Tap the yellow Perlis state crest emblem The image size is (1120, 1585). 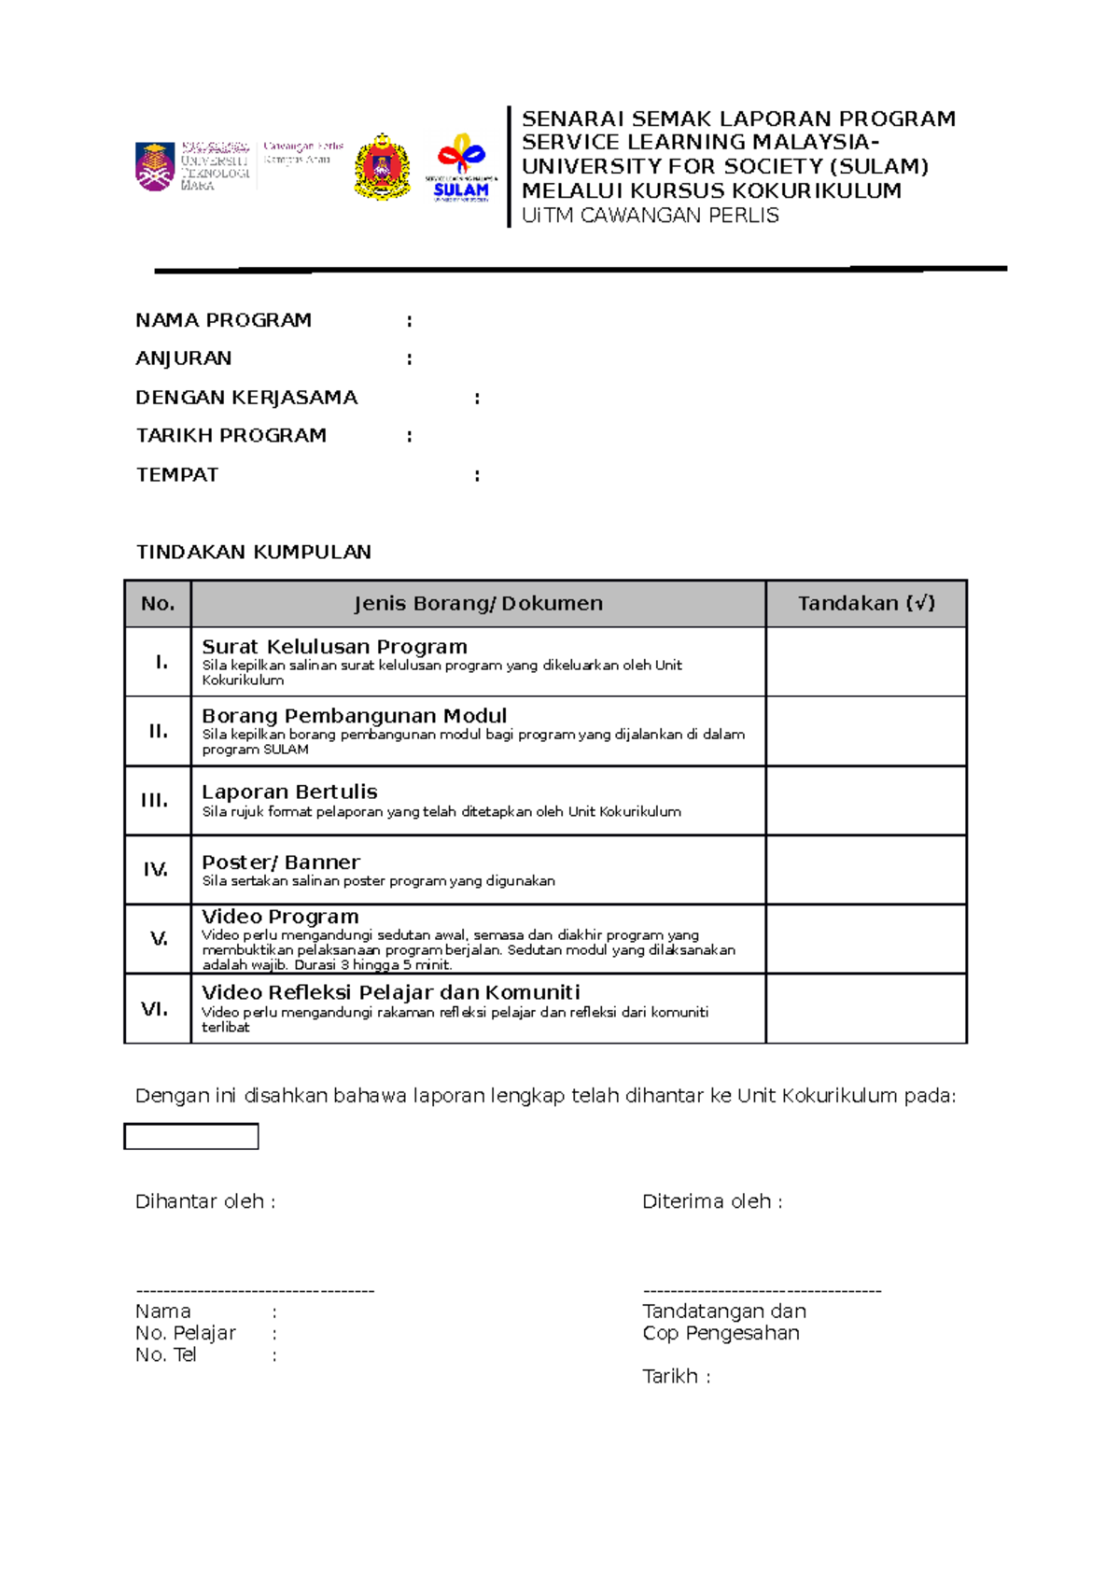click(382, 166)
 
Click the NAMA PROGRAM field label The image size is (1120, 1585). click(223, 320)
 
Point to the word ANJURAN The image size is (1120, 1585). click(183, 358)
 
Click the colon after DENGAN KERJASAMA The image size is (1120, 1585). click(477, 398)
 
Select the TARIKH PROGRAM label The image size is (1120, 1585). click(231, 436)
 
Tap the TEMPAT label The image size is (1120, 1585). click(176, 475)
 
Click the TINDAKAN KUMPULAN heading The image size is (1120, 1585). click(253, 552)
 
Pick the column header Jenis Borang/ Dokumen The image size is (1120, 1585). click(478, 604)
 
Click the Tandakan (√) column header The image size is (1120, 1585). click(865, 604)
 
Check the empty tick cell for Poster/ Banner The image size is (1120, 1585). click(865, 870)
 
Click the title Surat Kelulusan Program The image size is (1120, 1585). click(334, 647)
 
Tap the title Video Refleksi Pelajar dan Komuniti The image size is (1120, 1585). click(390, 992)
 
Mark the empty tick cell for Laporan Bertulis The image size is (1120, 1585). click(865, 800)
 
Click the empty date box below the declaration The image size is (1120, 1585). click(190, 1136)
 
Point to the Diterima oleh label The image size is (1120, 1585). click(711, 1201)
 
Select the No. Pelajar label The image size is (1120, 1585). click(185, 1333)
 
